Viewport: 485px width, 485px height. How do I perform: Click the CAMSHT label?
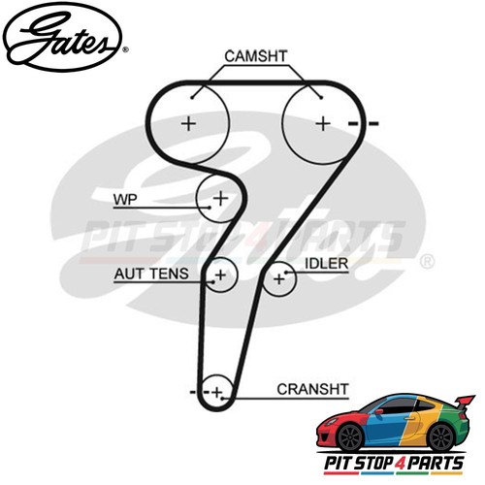256,56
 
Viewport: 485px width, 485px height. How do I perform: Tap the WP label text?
125,200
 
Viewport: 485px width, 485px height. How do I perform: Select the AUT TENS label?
151,275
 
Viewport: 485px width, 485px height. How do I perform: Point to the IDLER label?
327,264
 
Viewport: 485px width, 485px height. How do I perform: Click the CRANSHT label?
312,389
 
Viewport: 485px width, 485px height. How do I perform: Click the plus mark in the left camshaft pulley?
189,124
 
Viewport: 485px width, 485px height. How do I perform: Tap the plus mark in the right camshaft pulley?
323,124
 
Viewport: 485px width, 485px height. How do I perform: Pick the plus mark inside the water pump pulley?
221,198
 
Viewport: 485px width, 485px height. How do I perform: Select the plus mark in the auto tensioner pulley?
221,275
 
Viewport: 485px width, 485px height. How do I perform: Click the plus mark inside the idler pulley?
278,278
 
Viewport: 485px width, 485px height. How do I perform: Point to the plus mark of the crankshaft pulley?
217,393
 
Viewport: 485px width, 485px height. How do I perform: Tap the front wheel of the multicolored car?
350,437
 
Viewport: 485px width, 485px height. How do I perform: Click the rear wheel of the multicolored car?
441,437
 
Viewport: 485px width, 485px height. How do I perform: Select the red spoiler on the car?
465,404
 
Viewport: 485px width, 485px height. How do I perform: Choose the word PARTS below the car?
436,463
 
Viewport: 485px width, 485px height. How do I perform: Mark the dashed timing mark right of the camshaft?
363,123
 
